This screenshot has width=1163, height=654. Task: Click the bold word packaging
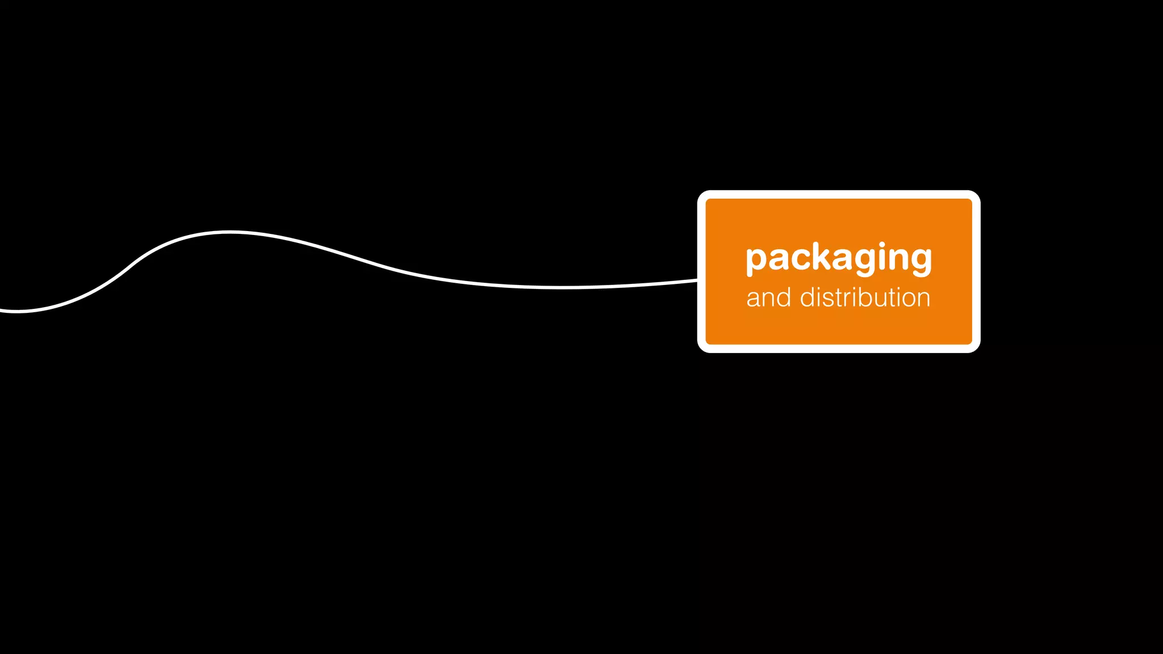pos(839,258)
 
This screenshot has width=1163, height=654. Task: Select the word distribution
pos(865,297)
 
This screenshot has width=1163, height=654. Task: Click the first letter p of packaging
pos(757,261)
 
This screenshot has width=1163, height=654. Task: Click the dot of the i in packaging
pos(882,245)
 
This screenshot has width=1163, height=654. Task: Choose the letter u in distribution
pos(884,299)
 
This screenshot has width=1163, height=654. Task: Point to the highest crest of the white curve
pos(229,232)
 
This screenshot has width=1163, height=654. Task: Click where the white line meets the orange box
pos(697,280)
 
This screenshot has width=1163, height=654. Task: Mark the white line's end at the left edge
pos(2,311)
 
